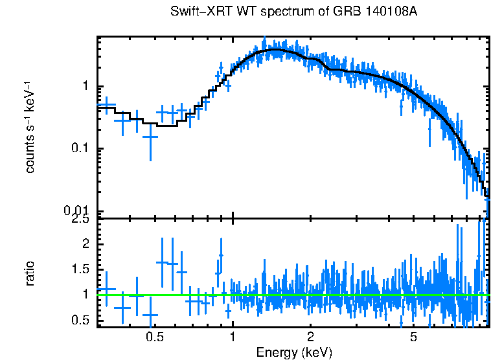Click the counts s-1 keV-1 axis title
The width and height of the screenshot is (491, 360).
30,126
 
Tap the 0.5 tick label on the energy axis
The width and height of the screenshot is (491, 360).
154,337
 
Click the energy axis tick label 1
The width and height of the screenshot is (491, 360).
232,337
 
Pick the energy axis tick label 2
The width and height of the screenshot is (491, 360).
310,337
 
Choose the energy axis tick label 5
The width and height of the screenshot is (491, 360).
414,337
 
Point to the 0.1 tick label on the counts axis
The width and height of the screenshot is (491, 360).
79,149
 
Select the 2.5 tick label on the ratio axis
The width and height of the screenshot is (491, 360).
79,220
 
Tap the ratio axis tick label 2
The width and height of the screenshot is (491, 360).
84,244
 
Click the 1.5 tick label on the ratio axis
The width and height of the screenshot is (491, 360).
79,269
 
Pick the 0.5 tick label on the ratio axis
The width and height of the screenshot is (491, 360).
79,319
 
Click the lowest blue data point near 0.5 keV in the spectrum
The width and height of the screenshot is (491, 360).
150,137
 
